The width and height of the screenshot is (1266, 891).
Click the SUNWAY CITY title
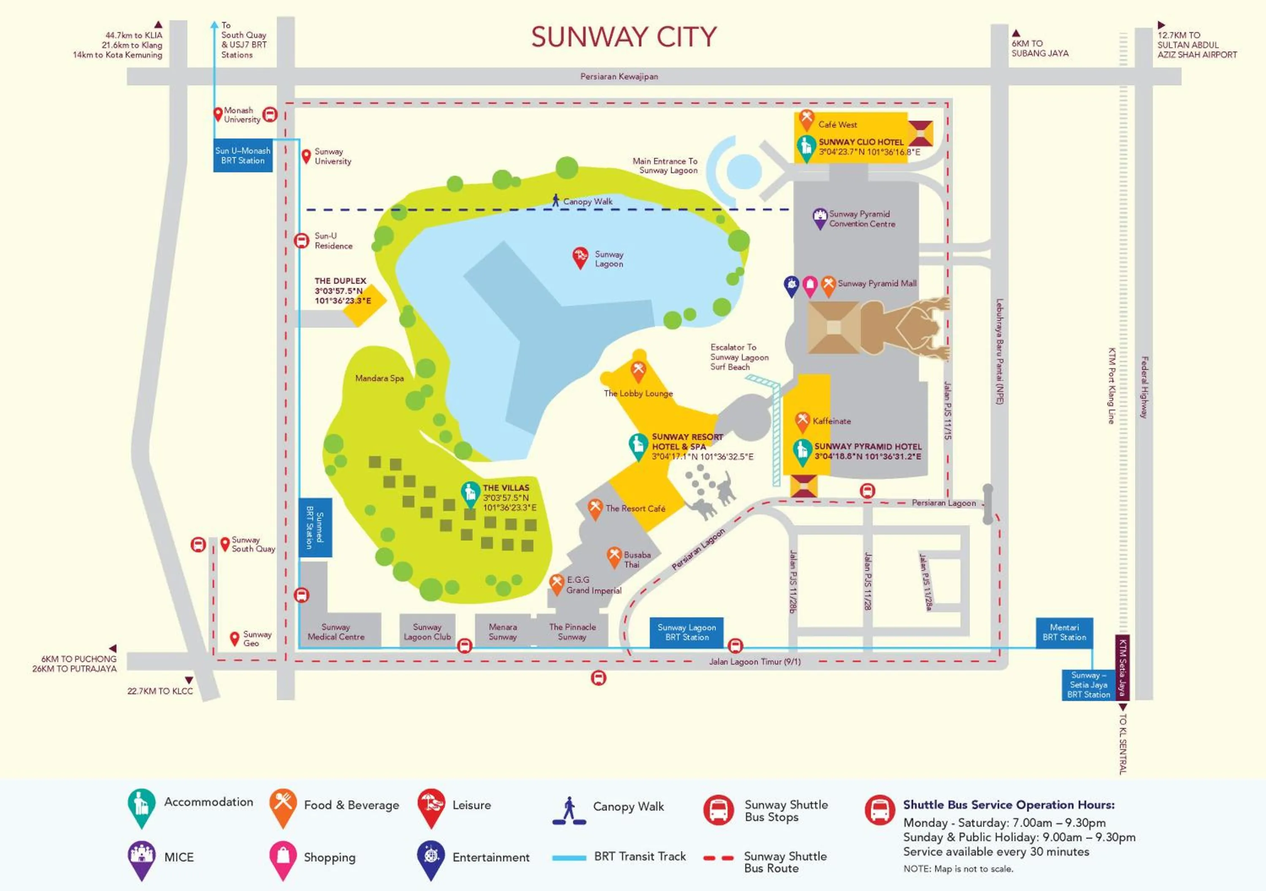pyautogui.click(x=624, y=38)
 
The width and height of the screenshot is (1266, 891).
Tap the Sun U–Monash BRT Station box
pyautogui.click(x=243, y=155)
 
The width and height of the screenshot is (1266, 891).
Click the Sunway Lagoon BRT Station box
pyautogui.click(x=687, y=632)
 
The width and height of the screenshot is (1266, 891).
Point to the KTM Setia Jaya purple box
pyautogui.click(x=1122, y=668)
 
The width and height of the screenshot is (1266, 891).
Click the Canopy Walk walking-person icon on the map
pyautogui.click(x=556, y=200)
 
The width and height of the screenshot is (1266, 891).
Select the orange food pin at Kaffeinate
pyautogui.click(x=802, y=421)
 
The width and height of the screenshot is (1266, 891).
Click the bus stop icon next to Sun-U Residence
pyautogui.click(x=301, y=241)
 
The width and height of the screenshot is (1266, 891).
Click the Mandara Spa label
pyautogui.click(x=379, y=378)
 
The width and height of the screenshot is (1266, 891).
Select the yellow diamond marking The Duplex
pyautogui.click(x=364, y=305)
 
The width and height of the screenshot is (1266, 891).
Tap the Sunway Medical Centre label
pyautogui.click(x=336, y=632)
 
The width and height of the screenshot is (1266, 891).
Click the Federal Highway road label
pyautogui.click(x=1145, y=387)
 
